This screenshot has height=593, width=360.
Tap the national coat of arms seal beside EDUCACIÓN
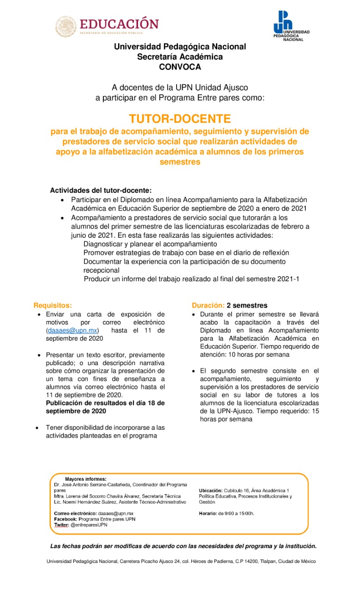[66, 26]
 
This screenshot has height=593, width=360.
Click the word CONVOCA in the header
[180, 67]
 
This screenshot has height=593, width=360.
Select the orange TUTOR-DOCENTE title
[180, 119]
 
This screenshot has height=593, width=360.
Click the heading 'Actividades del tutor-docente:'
[101, 190]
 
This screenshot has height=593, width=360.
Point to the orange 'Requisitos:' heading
[53, 305]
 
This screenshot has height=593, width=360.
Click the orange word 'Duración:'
[208, 305]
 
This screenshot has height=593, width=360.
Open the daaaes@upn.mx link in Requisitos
[72, 330]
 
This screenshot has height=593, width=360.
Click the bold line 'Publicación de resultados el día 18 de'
[105, 403]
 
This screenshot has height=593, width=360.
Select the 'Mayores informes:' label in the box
[86, 479]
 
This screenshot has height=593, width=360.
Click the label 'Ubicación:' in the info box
[211, 490]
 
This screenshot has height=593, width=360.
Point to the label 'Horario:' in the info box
[208, 513]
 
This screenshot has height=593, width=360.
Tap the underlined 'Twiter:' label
[61, 525]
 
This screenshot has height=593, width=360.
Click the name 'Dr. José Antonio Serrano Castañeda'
[92, 485]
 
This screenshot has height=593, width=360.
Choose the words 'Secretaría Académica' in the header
[180, 57]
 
